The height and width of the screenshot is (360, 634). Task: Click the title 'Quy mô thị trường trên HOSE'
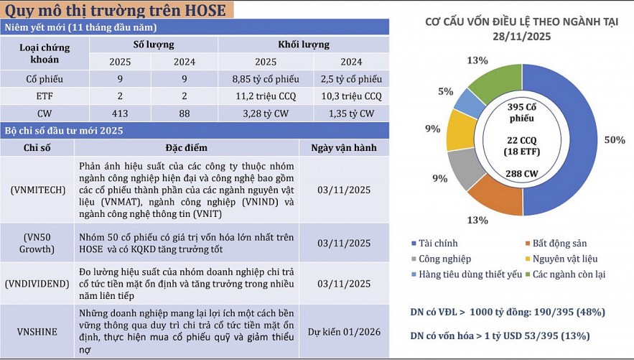[x=115, y=10]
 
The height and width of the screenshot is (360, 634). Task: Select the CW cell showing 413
[x=120, y=113]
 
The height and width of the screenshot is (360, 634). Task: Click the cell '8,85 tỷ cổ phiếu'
[x=266, y=79]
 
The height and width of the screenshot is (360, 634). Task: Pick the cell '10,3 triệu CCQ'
[x=352, y=96]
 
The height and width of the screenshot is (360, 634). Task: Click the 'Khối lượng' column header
[x=304, y=45]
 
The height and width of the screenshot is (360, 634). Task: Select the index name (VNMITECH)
[x=38, y=190]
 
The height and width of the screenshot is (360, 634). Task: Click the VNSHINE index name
[x=38, y=332]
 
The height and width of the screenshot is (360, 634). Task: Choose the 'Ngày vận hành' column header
[x=344, y=148]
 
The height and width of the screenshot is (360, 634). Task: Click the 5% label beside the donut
[x=445, y=92]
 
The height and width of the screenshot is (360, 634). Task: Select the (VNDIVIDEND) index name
[x=38, y=284]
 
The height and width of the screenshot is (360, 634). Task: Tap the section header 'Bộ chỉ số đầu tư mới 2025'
[x=64, y=131]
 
